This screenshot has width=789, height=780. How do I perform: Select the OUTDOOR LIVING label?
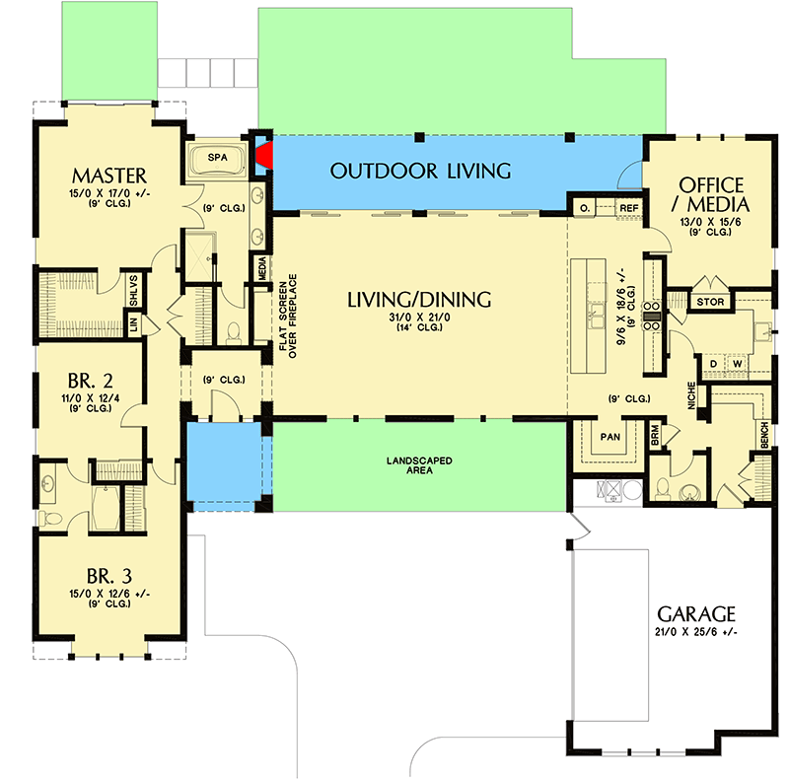point(420,172)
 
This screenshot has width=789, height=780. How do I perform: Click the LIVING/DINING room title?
point(420,299)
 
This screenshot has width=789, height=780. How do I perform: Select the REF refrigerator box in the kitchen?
point(628,208)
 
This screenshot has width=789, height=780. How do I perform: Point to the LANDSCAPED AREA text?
point(420,464)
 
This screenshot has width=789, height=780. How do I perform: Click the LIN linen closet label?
point(132,322)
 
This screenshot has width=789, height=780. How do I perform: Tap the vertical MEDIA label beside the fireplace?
point(262,268)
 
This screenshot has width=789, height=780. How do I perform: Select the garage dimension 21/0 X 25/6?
point(697,631)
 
